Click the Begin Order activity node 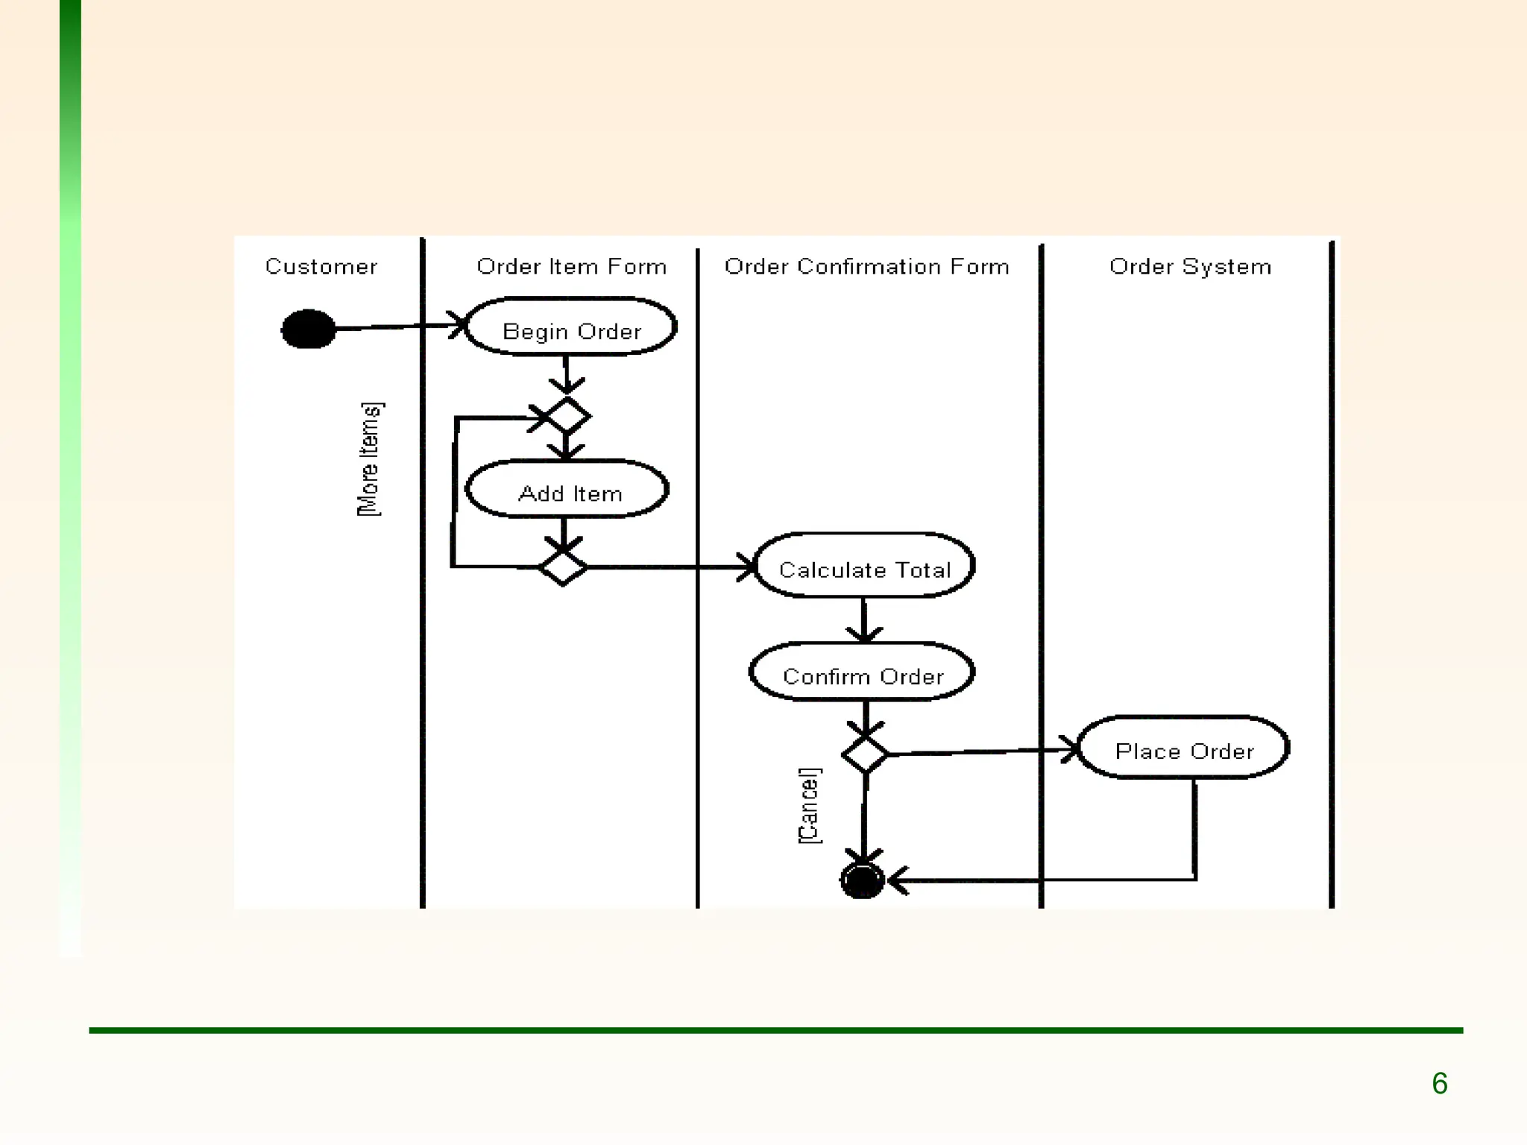pyautogui.click(x=570, y=328)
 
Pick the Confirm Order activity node pyautogui.click(x=862, y=673)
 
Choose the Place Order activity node pyautogui.click(x=1183, y=748)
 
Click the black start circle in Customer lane pyautogui.click(x=308, y=329)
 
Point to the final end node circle pyautogui.click(x=862, y=880)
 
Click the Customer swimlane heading pyautogui.click(x=321, y=266)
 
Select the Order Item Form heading pyautogui.click(x=571, y=266)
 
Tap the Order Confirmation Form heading pyautogui.click(x=866, y=266)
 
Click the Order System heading pyautogui.click(x=1190, y=266)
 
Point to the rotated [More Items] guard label pyautogui.click(x=370, y=459)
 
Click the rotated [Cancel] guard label pyautogui.click(x=809, y=806)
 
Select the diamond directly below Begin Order pyautogui.click(x=568, y=415)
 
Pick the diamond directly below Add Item pyautogui.click(x=563, y=568)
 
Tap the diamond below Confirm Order pyautogui.click(x=865, y=754)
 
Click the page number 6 pyautogui.click(x=1439, y=1083)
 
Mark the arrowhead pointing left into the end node pyautogui.click(x=898, y=880)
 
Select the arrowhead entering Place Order pyautogui.click(x=1071, y=749)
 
